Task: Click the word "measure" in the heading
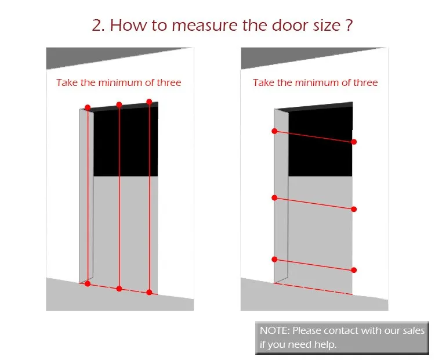(205, 26)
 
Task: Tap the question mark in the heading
(349, 25)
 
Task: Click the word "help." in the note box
(325, 344)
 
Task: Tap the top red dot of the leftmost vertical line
(88, 107)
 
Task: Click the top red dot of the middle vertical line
(119, 105)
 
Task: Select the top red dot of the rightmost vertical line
(149, 102)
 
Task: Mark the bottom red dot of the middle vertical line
(119, 289)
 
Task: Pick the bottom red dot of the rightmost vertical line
(149, 292)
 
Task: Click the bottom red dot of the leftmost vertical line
(88, 283)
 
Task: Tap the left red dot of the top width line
(275, 131)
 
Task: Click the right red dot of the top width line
(354, 142)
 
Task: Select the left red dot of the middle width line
(275, 198)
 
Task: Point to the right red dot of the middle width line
(354, 209)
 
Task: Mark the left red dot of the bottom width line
(275, 260)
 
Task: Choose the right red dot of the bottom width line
(354, 270)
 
